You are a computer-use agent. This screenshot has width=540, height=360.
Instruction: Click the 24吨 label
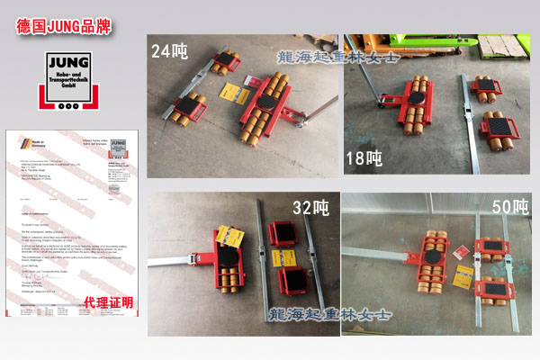(171, 50)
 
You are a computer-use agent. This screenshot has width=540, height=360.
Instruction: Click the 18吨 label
(364, 161)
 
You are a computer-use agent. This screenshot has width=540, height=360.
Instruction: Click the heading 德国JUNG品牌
(64, 26)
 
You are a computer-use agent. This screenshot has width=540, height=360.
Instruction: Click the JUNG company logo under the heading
(72, 81)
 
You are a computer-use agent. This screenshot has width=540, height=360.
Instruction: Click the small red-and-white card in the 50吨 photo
(458, 252)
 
